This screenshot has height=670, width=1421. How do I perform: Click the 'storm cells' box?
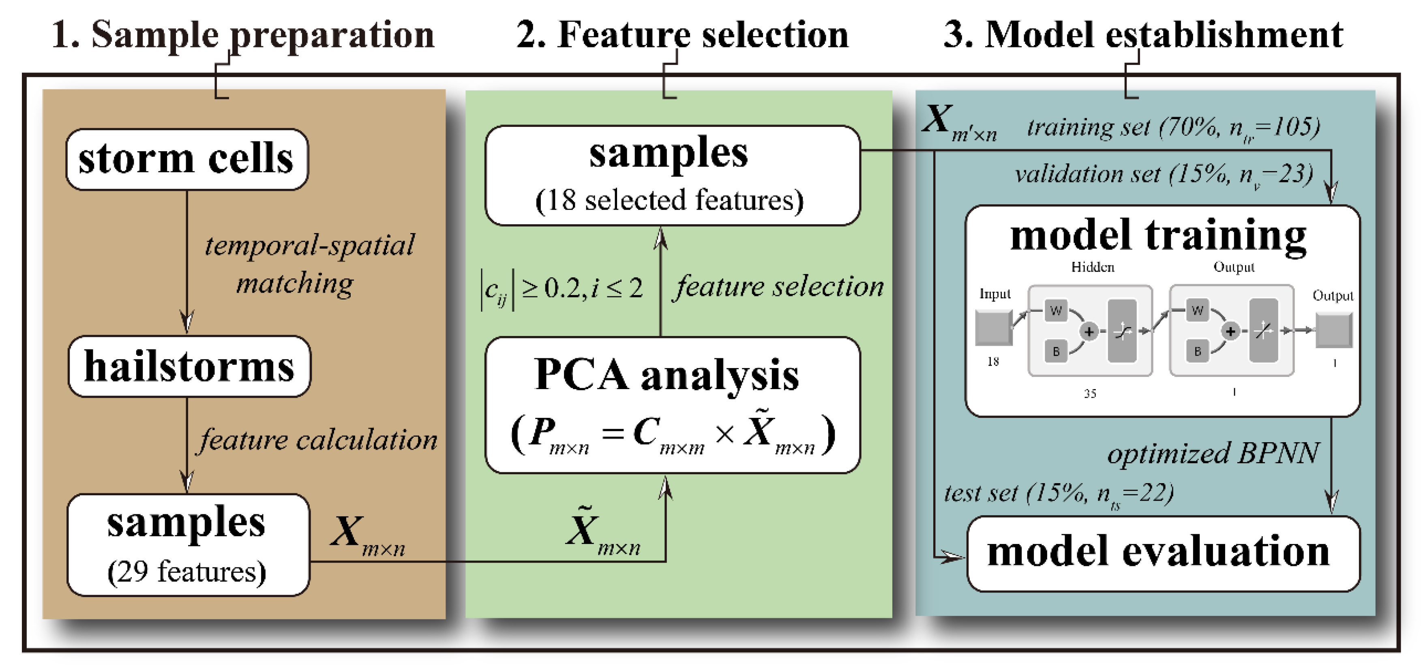186,159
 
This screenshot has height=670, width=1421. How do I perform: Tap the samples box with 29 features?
188,545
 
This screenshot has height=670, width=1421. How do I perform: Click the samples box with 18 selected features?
672,176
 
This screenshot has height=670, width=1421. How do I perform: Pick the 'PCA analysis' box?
672,405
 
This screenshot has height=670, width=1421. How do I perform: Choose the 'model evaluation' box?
1162,553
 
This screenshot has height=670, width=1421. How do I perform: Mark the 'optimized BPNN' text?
1213,453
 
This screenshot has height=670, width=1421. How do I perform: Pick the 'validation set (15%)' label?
1163,174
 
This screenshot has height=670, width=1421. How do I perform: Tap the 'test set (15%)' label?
1058,493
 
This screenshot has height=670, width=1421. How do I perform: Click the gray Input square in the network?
993,328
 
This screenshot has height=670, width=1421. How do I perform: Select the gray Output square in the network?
1333,330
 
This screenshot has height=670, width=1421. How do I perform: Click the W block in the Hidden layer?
1056,310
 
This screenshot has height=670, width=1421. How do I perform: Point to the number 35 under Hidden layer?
1089,394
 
